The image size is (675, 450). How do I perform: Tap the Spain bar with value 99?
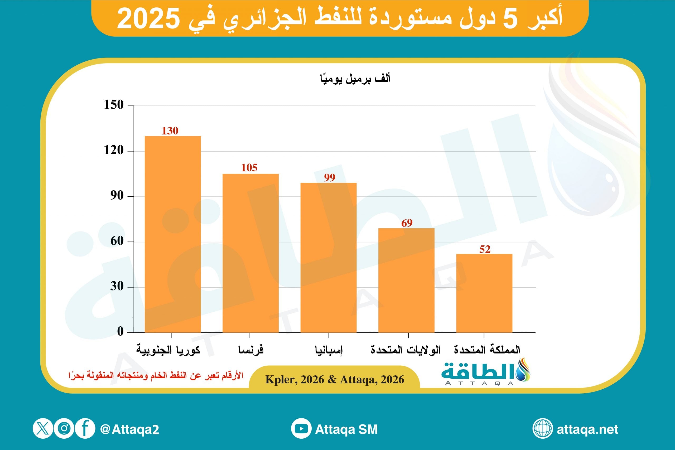(328, 258)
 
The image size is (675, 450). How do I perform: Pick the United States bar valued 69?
(406, 280)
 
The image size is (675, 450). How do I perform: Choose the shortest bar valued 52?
(484, 293)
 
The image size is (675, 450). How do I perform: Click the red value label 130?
(170, 131)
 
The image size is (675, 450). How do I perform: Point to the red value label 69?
(407, 223)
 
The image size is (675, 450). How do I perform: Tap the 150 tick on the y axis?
(114, 105)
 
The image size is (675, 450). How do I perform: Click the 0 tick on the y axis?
(120, 331)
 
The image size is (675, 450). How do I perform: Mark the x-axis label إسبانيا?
(329, 350)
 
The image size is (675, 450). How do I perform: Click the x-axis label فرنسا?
(250, 350)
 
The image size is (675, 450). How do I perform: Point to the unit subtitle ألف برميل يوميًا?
(355, 79)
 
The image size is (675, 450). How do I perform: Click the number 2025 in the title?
(148, 19)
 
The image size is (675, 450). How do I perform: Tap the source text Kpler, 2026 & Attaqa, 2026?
(335, 380)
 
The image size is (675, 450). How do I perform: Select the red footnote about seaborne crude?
(156, 375)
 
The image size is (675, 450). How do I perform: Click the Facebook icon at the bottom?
(85, 428)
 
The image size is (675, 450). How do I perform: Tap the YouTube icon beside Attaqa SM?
(301, 428)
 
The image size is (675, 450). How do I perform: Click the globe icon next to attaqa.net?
(542, 428)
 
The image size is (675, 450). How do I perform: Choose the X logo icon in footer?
(43, 428)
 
